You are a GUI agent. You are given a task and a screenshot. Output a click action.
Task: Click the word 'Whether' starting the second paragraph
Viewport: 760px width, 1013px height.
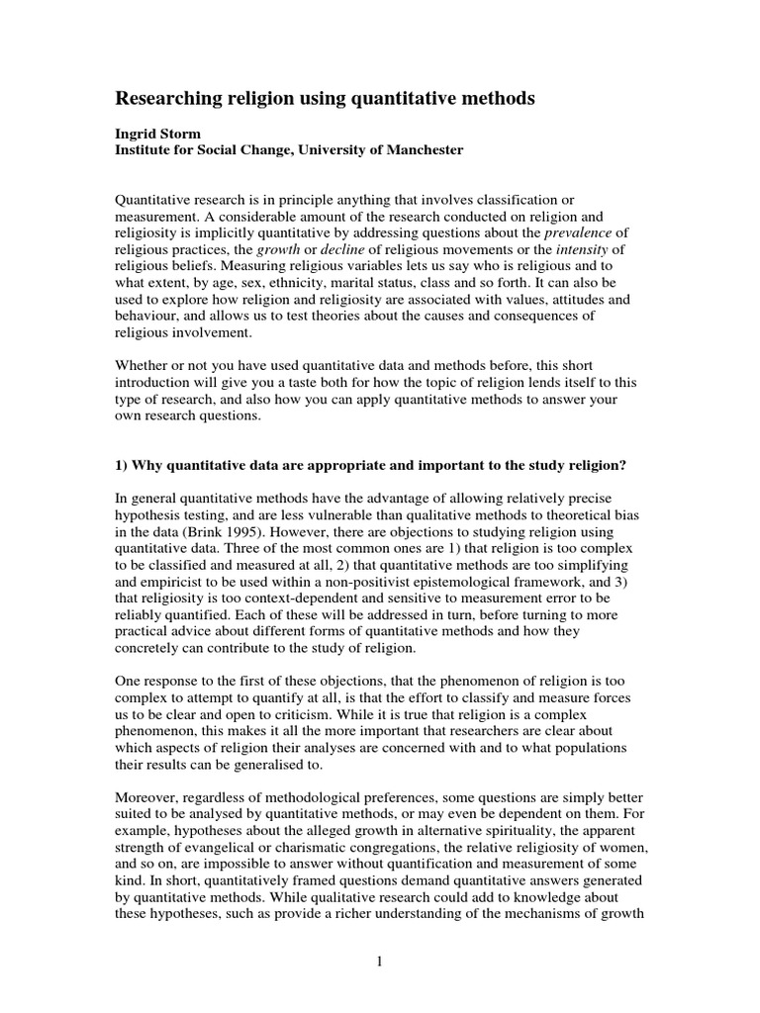tap(146, 365)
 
